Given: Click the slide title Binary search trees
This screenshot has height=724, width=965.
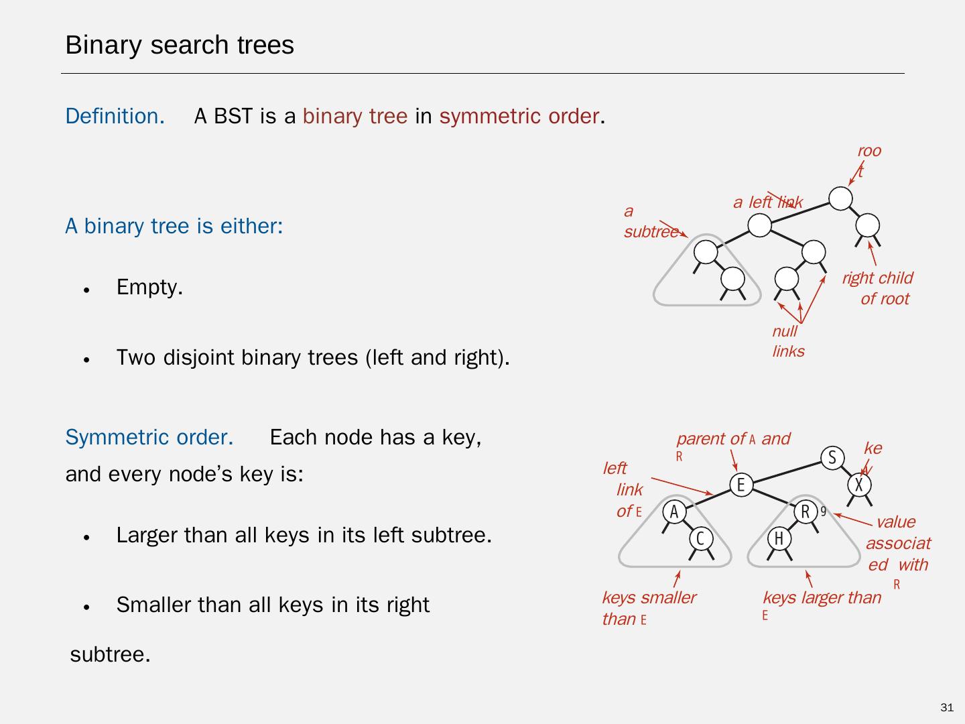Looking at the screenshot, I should pyautogui.click(x=180, y=45).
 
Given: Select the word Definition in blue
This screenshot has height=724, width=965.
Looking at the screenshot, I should pyautogui.click(x=115, y=116).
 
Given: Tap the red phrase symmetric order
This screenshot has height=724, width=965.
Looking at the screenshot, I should pyautogui.click(x=519, y=116).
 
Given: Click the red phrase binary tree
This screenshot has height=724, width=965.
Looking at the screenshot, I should pyautogui.click(x=355, y=116).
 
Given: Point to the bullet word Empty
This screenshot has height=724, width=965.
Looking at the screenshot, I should pyautogui.click(x=149, y=287).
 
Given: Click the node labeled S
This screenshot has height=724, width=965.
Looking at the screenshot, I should pyautogui.click(x=832, y=458).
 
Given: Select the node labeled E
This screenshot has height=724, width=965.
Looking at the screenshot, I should pyautogui.click(x=741, y=485).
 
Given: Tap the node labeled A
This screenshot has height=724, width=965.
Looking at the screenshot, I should pyautogui.click(x=674, y=512).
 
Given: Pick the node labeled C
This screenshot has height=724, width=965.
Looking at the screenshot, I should pyautogui.click(x=701, y=539).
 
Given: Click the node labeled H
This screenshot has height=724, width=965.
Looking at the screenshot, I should pyautogui.click(x=779, y=539).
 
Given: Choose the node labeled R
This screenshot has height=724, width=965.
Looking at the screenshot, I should pyautogui.click(x=806, y=512).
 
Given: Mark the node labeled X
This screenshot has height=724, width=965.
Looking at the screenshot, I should pyautogui.click(x=859, y=485).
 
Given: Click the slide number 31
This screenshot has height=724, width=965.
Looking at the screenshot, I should pyautogui.click(x=947, y=708).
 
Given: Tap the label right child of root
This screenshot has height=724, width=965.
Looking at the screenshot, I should pyautogui.click(x=877, y=288).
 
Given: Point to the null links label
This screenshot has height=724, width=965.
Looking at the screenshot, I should pyautogui.click(x=788, y=341).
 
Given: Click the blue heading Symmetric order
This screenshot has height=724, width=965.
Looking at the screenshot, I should pyautogui.click(x=149, y=437).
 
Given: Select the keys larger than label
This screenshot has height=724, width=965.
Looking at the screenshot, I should pyautogui.click(x=822, y=597).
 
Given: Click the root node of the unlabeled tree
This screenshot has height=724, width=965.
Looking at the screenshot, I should pyautogui.click(x=840, y=198).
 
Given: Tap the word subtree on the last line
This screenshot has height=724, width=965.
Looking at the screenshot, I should pyautogui.click(x=110, y=654).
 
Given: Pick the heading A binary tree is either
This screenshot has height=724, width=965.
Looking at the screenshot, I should pyautogui.click(x=174, y=226).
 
